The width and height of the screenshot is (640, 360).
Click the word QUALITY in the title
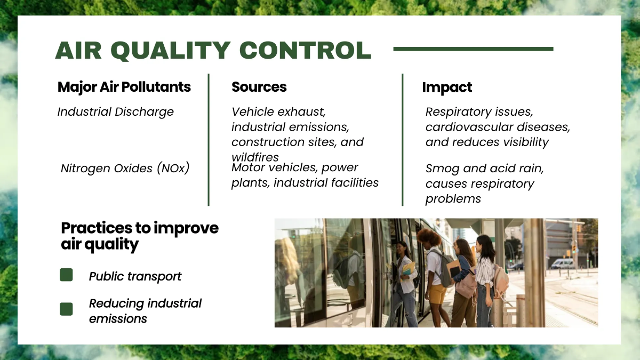coord(170,51)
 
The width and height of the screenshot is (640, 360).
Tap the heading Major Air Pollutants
coord(124,87)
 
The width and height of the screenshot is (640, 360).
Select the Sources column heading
coord(259,87)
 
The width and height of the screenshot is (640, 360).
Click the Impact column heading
coord(447,87)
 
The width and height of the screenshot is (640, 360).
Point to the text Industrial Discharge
coord(115,112)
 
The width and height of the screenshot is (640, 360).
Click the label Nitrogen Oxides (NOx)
coord(125,169)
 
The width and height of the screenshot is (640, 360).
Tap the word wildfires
coord(255,157)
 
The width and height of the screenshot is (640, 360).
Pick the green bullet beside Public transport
coord(66,275)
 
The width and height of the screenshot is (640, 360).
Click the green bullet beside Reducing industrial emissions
coord(66,309)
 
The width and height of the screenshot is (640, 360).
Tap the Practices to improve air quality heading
coord(140,236)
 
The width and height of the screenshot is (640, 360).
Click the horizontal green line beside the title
coord(474,49)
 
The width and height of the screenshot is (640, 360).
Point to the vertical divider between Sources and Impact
coord(403,140)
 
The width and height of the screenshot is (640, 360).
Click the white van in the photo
coord(562,263)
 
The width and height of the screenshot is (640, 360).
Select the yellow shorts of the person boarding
coord(437,294)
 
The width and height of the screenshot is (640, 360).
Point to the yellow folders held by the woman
coord(407,270)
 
